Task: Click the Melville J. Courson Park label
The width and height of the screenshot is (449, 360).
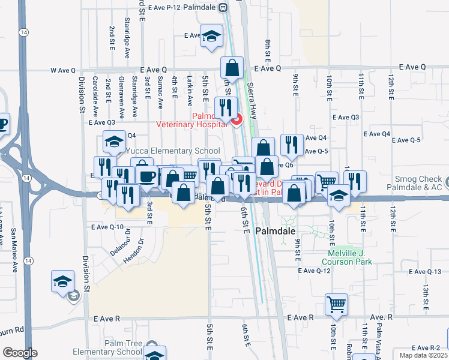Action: (x=346, y=257)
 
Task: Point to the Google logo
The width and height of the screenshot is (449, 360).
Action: (x=20, y=352)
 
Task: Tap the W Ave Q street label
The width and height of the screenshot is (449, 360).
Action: (x=63, y=70)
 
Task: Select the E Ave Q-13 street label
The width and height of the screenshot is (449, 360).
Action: (x=425, y=272)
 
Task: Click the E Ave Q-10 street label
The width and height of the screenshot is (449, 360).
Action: (x=107, y=227)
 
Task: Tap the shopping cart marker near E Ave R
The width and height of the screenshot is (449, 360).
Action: (x=337, y=304)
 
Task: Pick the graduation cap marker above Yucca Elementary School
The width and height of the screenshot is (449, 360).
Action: (x=113, y=142)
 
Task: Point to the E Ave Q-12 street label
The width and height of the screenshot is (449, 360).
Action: (x=315, y=271)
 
